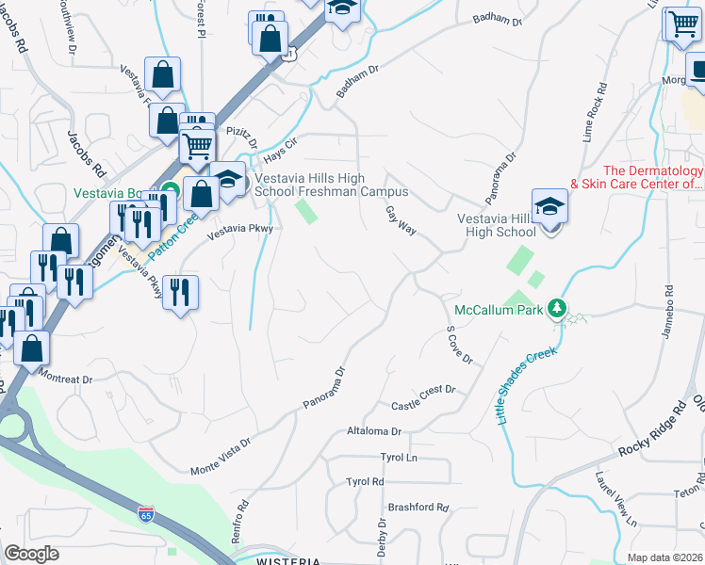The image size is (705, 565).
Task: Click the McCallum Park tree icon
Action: (x=557, y=308)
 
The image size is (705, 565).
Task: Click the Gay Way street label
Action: (x=402, y=223)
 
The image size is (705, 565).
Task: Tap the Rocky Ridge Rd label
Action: (x=651, y=434)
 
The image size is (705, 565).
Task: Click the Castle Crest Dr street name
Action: (x=423, y=398)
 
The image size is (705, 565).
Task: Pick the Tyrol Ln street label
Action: (x=399, y=457)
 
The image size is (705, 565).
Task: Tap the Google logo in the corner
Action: (x=32, y=553)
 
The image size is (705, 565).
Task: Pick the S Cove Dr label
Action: (x=458, y=346)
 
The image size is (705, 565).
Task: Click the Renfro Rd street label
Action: (x=241, y=518)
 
